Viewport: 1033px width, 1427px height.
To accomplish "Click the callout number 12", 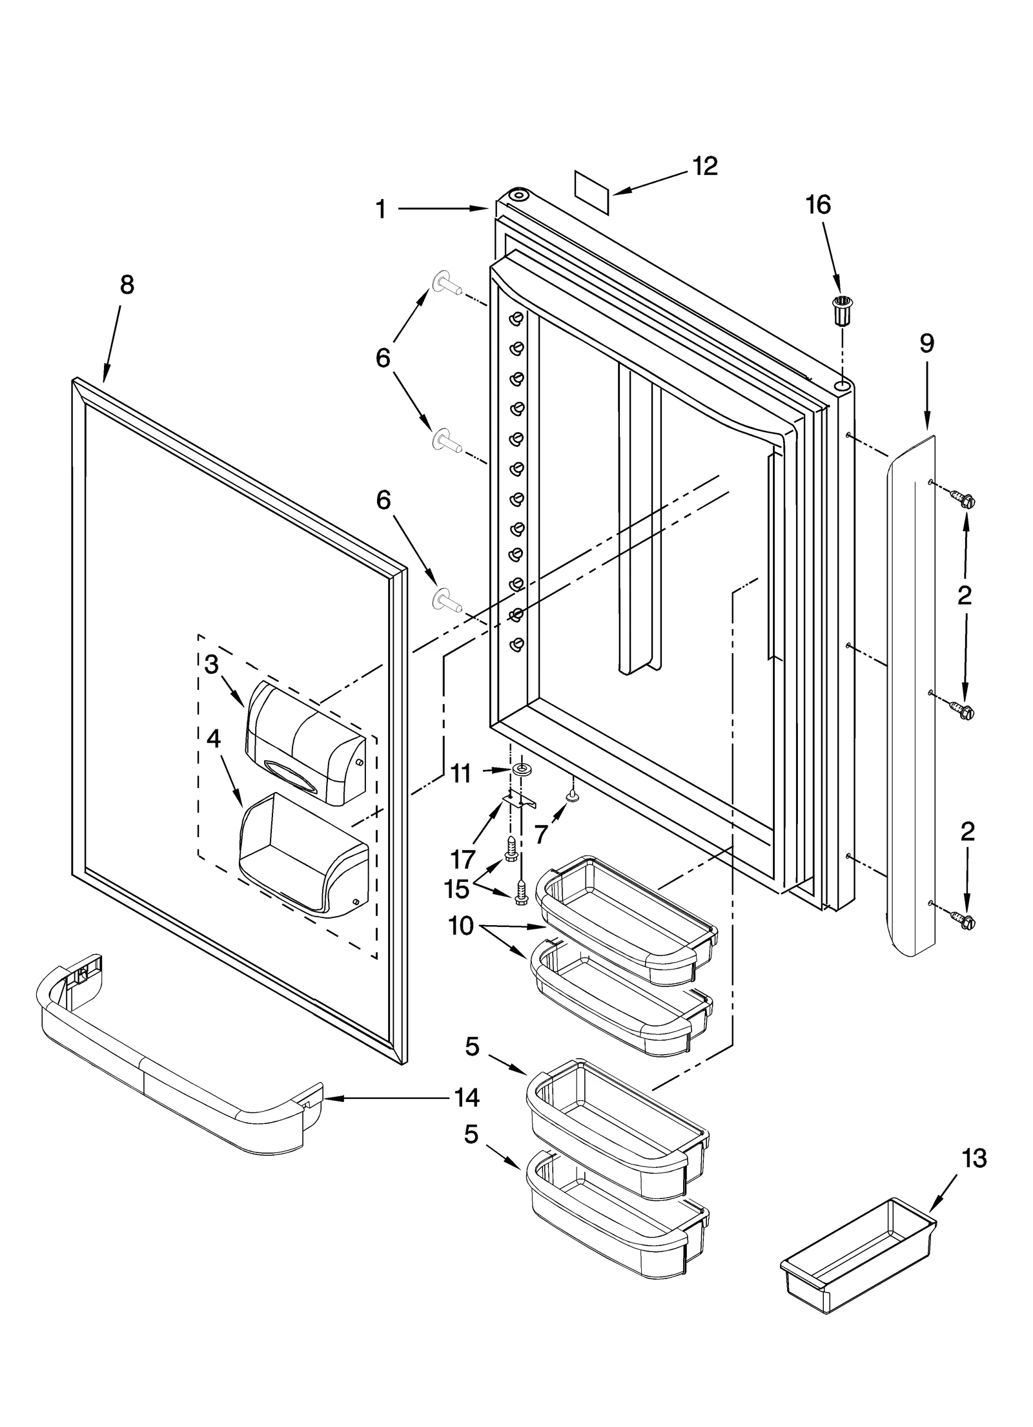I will pos(704,167).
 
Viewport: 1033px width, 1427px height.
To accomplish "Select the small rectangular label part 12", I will pos(592,193).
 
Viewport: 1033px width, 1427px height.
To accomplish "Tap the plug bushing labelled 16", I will pos(840,309).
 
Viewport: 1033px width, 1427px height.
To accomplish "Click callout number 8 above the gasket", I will pos(127,285).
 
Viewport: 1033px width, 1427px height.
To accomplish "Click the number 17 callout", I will pos(463,859).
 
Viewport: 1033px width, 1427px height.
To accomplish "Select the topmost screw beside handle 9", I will pos(963,499).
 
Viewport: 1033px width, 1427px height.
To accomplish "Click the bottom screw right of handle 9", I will pos(963,921).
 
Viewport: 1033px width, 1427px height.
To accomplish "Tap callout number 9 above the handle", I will pos(926,344).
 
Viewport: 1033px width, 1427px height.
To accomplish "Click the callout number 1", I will pos(381,209).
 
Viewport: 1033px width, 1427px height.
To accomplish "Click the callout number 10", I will pos(460,926).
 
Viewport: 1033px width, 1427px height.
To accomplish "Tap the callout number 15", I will pos(456,890).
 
